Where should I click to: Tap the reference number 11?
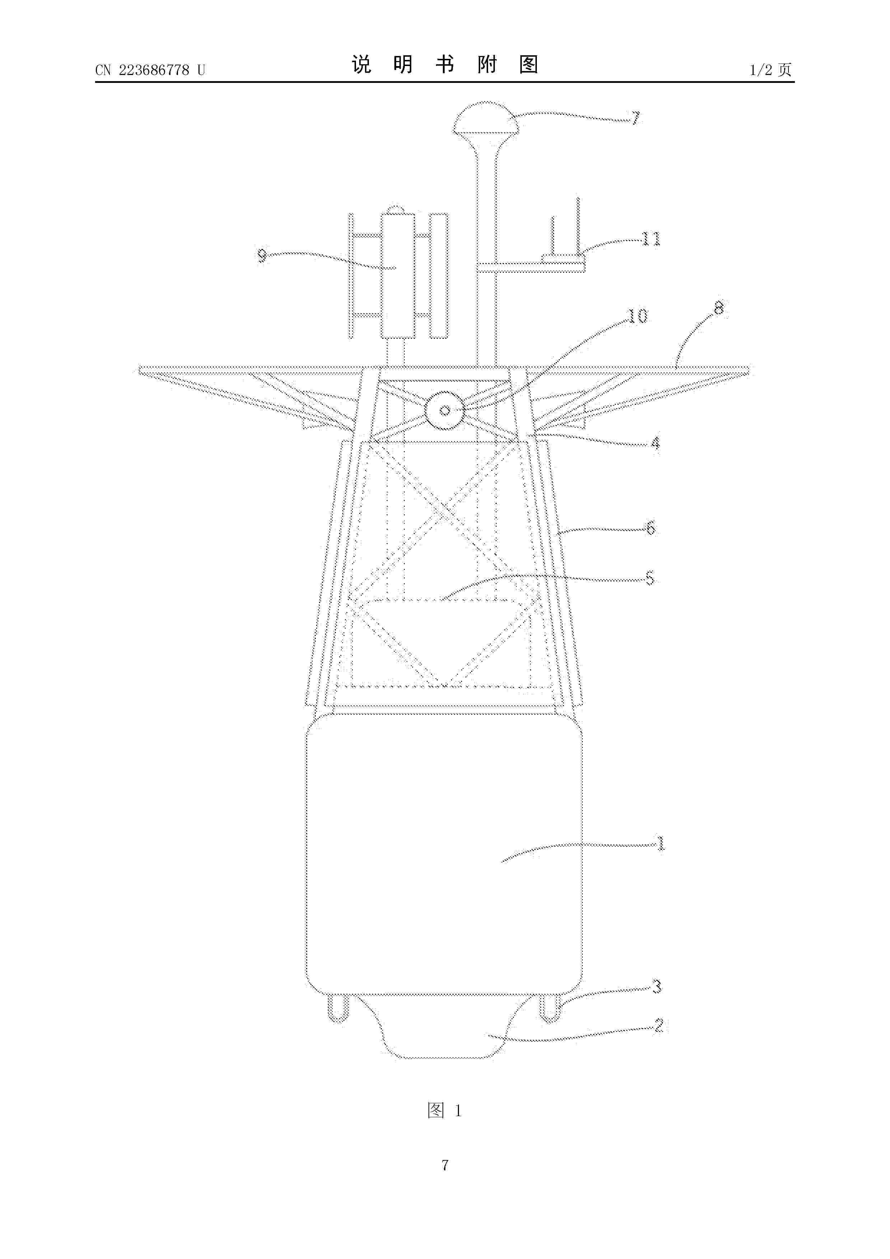(x=651, y=239)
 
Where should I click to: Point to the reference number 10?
(x=637, y=316)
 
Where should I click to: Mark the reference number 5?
(x=650, y=578)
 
